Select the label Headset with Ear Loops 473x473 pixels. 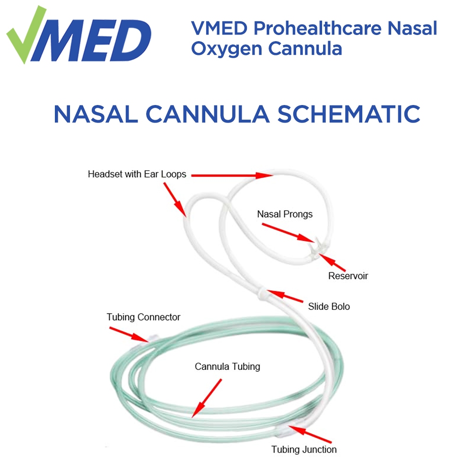(x=137, y=174)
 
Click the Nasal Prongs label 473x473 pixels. (x=285, y=214)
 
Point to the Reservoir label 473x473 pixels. (x=348, y=275)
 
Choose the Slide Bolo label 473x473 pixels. (x=329, y=307)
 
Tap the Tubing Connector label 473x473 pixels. (x=143, y=317)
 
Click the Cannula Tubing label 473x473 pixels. (x=228, y=366)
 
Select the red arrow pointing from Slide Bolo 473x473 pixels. (x=285, y=297)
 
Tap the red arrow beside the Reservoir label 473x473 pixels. (x=333, y=262)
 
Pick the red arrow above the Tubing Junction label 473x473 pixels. (x=305, y=432)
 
